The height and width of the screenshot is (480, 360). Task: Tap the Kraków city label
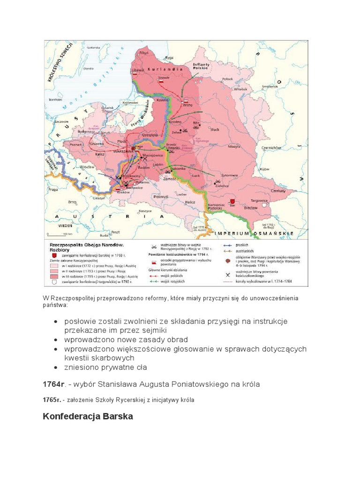coord(123,192)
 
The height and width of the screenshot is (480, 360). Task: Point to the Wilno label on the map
coord(187,105)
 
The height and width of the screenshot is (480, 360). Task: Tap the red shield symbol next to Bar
coord(232,200)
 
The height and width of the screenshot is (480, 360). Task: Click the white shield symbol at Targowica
coord(266,205)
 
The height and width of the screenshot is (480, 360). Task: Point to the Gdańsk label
coord(106,108)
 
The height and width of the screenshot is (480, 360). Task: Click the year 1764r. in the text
coord(53,384)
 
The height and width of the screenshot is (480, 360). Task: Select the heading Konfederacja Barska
coord(88,416)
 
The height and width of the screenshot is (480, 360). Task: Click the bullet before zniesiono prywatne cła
coord(56,367)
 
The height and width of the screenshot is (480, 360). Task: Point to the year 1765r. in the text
coord(52,400)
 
